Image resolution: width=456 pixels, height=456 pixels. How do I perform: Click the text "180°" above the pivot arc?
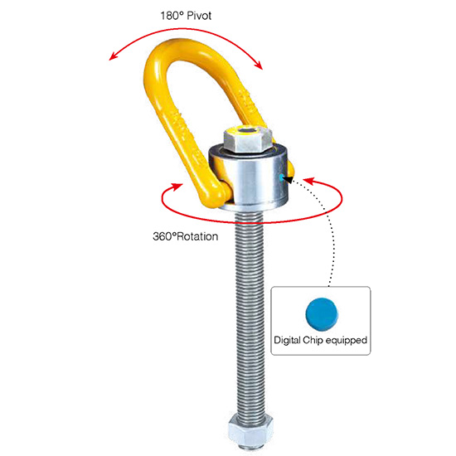coord(172,16)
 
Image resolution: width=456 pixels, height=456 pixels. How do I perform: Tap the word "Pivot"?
coord(199,16)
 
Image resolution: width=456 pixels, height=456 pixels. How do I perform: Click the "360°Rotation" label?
coord(185,236)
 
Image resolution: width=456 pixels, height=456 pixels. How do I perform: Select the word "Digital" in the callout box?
coord(287,340)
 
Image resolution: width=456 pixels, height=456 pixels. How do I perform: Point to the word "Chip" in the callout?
coord(313,340)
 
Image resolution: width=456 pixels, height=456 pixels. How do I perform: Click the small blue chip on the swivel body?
coord(281,177)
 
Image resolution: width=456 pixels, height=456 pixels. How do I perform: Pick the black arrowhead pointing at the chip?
coord(288,179)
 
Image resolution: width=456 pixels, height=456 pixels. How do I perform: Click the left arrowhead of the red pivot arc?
coord(113,56)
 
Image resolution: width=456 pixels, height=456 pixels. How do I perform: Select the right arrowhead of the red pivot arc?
coord(259,65)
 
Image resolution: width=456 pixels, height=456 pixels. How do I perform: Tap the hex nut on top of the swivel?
coord(248,139)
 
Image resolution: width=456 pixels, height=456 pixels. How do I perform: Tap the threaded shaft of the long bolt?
coord(250,314)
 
